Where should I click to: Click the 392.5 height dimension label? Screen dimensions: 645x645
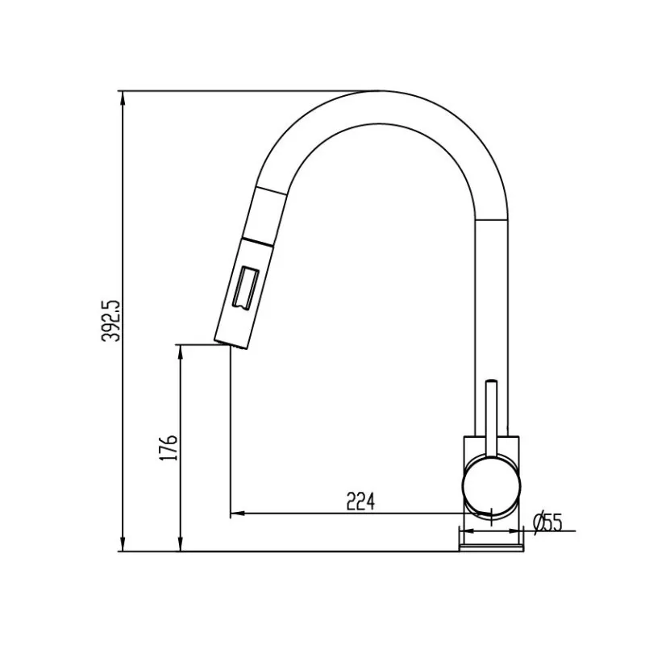[x=110, y=320]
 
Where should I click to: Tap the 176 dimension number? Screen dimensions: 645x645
[x=169, y=447]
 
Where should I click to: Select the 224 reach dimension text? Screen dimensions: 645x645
[x=360, y=501]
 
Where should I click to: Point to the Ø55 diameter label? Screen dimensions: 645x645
[x=547, y=523]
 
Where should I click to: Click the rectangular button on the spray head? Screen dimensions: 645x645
[x=246, y=287]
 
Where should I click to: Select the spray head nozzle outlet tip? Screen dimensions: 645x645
[x=231, y=345]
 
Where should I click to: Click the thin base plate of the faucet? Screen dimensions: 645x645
[x=491, y=547]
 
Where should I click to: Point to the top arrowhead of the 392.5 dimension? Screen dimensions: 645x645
[x=123, y=98]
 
